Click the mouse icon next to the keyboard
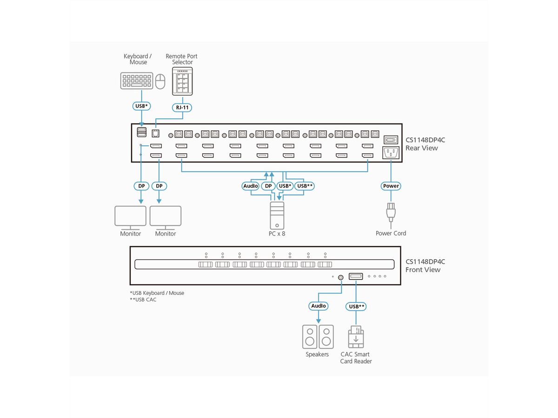(160, 81)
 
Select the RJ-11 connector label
(182, 107)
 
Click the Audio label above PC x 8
(251, 186)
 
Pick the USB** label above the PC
(305, 186)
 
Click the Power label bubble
(391, 186)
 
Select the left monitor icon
(130, 216)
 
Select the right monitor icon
(166, 216)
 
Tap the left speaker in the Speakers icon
(310, 336)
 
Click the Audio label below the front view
(319, 306)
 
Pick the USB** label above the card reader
(356, 306)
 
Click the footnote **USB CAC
(144, 300)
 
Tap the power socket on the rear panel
(391, 152)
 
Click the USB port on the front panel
(356, 277)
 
